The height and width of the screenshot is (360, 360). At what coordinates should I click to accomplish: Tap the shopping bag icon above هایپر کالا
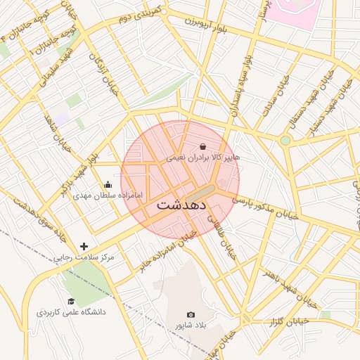pos(202,146)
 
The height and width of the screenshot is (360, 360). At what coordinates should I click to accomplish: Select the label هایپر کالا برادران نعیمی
pos(202,158)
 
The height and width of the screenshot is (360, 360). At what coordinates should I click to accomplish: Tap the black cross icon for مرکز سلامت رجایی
pos(84,246)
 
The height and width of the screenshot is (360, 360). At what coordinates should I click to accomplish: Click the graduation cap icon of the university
pos(71,301)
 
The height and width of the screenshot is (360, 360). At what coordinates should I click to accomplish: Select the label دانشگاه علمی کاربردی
pos(71,311)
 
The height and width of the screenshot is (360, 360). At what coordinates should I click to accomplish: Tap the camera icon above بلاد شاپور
pos(191,315)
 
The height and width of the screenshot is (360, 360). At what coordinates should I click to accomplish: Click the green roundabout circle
pos(285,141)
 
